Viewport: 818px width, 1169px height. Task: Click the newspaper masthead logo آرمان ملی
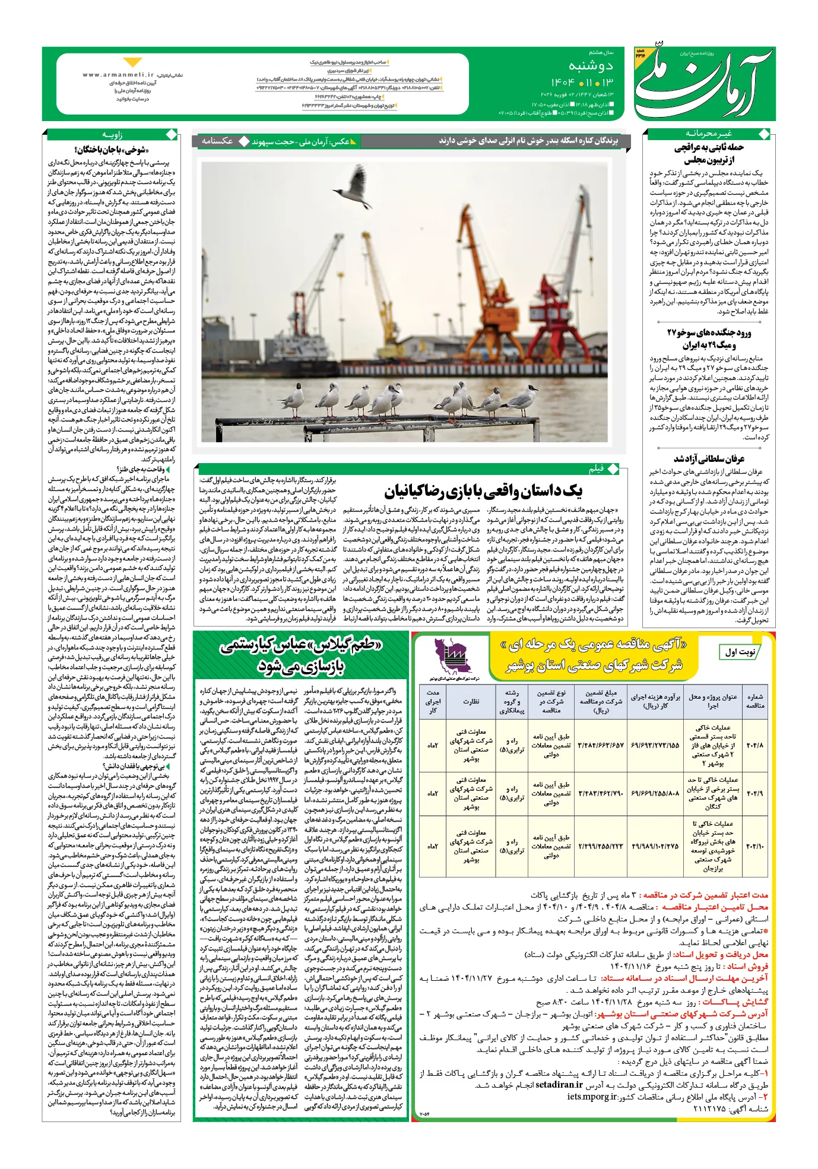point(703,84)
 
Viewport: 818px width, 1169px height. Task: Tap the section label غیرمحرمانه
point(709,134)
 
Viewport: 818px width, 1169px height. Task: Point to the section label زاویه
point(112,135)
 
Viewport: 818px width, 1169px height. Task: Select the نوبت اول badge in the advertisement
point(740,652)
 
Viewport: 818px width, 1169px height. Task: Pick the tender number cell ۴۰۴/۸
point(754,745)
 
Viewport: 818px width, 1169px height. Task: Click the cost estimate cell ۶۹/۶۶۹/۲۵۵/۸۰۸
point(655,793)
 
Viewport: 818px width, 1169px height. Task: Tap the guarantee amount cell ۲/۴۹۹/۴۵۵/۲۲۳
point(601,846)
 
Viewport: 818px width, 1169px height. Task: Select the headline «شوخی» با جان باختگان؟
point(112,150)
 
